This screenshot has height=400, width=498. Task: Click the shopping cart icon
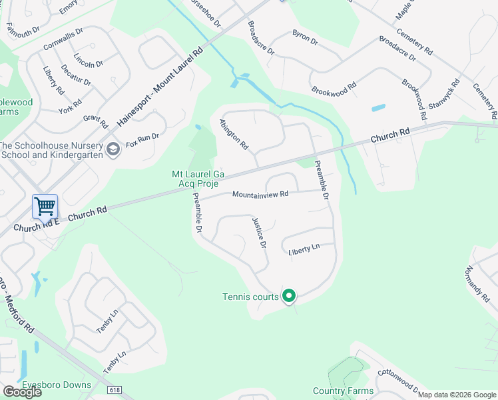point(45,207)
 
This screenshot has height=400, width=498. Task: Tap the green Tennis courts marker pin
point(289,295)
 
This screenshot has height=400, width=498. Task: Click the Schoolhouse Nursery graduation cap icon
point(113,148)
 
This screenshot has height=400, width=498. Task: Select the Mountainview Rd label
point(260,195)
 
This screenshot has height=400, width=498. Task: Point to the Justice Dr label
point(259,233)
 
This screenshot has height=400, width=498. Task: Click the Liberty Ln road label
point(304,250)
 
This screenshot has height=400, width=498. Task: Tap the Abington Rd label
point(234,134)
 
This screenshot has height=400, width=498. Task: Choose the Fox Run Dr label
point(142,137)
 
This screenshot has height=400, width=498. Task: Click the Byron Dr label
point(305,37)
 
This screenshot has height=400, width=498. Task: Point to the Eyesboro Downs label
point(57,385)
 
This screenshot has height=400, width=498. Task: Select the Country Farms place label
point(342,391)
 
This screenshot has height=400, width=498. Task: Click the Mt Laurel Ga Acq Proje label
point(198,179)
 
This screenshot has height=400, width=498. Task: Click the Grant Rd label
point(95,121)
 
